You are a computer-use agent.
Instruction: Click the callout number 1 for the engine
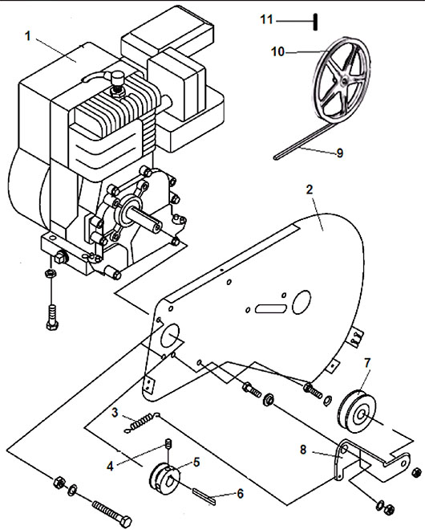coord(28,36)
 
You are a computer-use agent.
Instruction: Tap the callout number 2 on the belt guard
coord(310,190)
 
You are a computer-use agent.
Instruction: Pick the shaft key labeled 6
coord(204,496)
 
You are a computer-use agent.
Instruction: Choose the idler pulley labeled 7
coord(357,411)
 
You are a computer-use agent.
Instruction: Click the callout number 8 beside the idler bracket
coord(303,450)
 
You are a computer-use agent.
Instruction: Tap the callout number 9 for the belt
coord(339,153)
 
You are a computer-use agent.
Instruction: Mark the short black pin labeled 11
coord(315,22)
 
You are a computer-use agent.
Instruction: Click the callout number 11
coord(266,19)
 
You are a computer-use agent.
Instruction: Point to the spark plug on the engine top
coord(116,83)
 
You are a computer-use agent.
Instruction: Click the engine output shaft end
coord(156,227)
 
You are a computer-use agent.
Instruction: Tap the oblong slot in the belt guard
coord(271,308)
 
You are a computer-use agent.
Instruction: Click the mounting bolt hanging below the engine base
coord(52,317)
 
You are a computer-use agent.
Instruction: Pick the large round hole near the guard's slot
coord(302,302)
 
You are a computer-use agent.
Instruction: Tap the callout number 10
coord(278,52)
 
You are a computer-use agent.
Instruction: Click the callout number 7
coord(367,363)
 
